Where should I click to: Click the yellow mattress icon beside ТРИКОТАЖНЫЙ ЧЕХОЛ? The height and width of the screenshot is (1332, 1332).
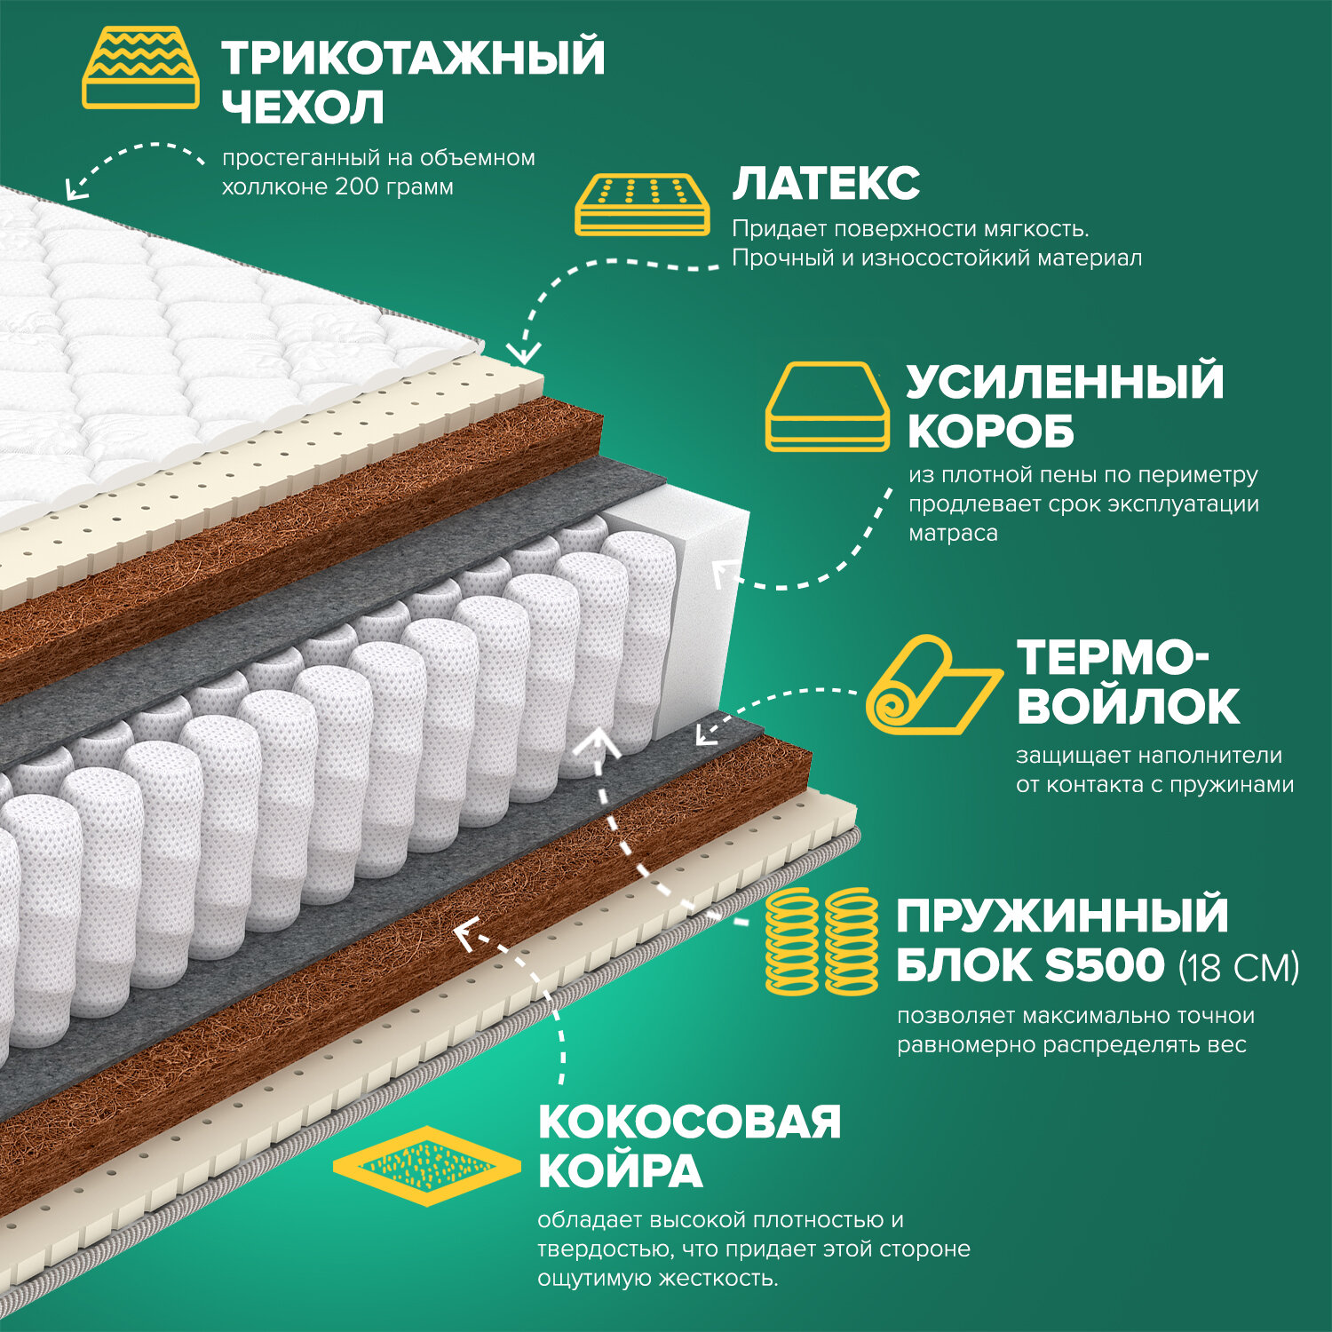(x=140, y=67)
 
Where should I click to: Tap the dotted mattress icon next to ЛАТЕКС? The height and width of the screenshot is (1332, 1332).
(x=643, y=205)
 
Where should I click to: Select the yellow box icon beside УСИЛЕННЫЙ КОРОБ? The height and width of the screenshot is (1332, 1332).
(x=827, y=406)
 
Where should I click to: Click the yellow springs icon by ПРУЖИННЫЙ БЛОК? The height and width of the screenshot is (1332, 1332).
(x=821, y=941)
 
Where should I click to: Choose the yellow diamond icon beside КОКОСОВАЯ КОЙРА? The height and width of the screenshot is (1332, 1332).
(x=426, y=1166)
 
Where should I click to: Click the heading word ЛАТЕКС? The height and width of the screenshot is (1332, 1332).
(x=826, y=183)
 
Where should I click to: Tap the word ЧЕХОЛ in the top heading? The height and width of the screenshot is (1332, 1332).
(x=303, y=107)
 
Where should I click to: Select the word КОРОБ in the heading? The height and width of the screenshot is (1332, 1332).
(x=990, y=432)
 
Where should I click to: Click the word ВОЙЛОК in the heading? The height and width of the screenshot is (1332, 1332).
(x=1128, y=707)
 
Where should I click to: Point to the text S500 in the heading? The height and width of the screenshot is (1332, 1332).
(x=1104, y=965)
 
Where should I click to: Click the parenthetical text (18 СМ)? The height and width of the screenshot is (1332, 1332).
(x=1239, y=967)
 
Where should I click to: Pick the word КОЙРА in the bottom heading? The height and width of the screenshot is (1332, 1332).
(x=620, y=1171)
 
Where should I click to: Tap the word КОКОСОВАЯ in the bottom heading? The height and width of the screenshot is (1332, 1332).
(x=689, y=1122)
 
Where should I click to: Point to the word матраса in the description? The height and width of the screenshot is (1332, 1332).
(x=953, y=534)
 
